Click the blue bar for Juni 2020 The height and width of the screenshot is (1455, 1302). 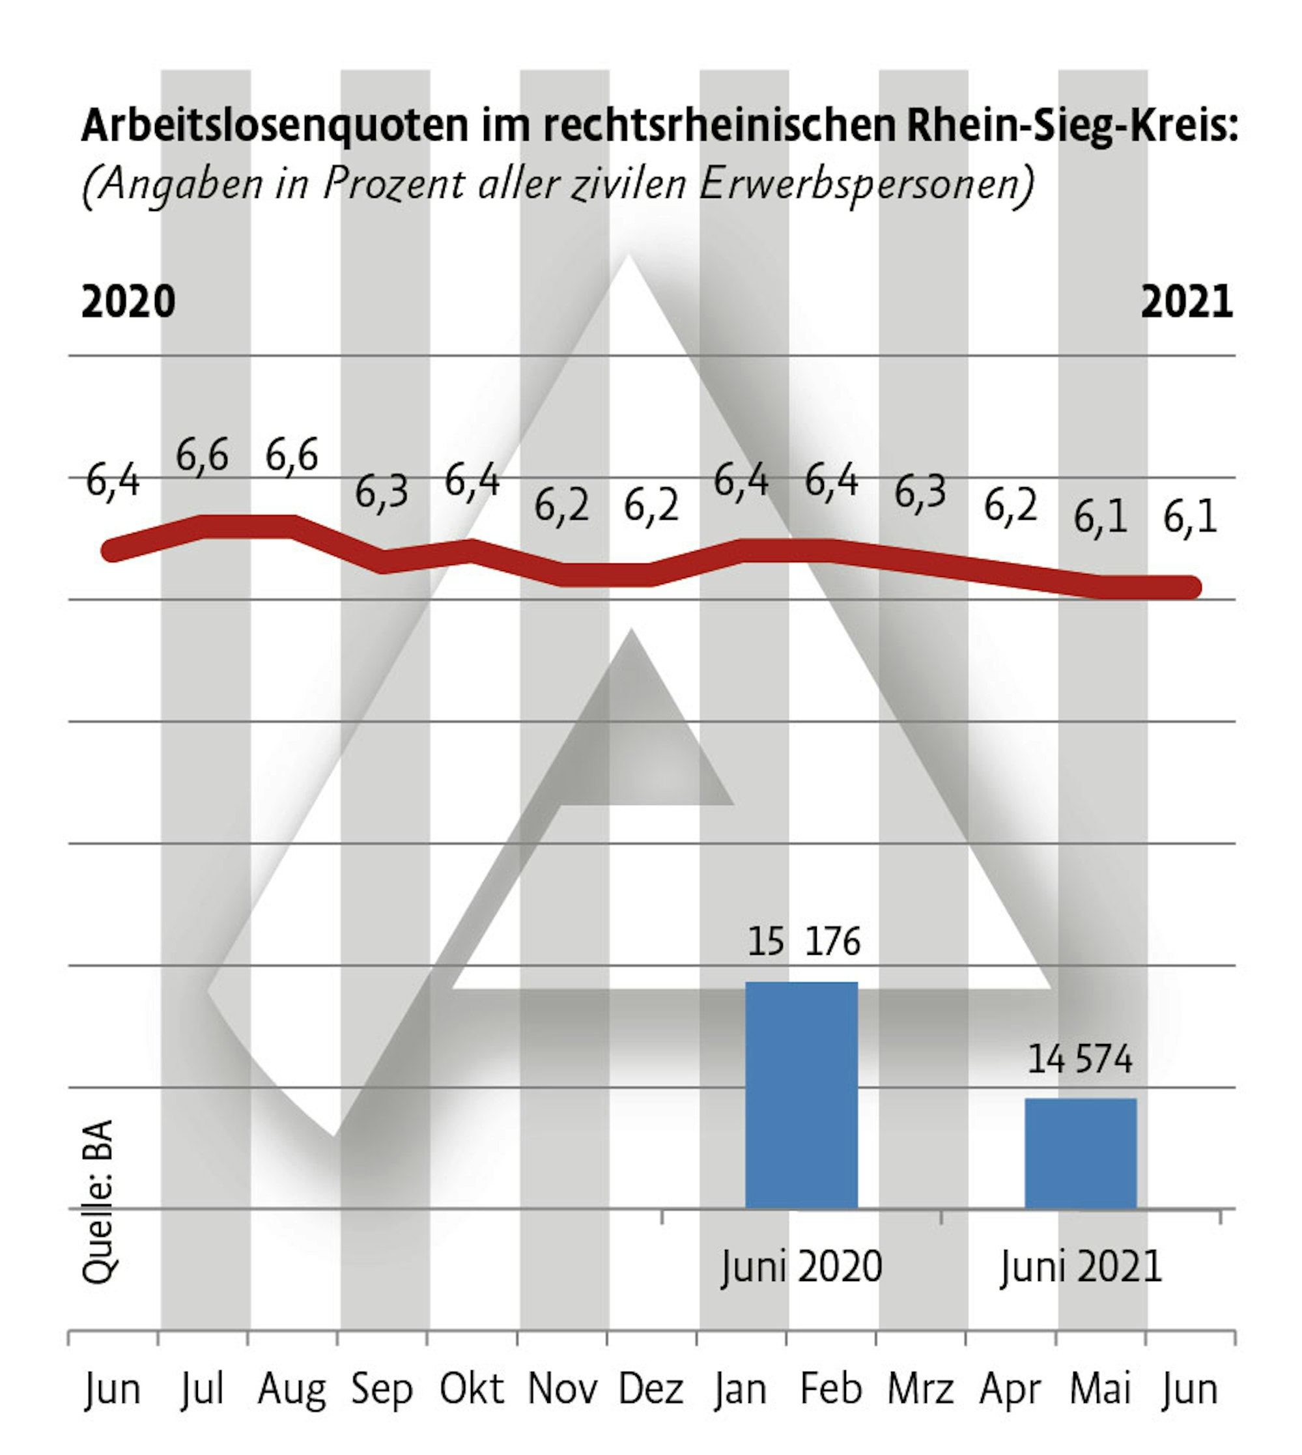[801, 1094]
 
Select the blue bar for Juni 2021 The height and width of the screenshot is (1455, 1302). [1081, 1153]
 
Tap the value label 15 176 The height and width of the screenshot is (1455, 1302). [803, 941]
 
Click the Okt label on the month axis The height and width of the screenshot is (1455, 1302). [472, 1389]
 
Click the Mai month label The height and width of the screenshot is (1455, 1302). [1099, 1389]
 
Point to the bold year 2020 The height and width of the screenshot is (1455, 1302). [129, 302]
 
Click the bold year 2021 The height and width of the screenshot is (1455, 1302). [1186, 302]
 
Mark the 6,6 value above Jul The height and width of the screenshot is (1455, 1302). [202, 455]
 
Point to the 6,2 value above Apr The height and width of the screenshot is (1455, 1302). [1010, 506]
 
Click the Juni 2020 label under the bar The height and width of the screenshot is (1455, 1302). [801, 1267]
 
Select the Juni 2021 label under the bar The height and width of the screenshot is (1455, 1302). [1081, 1267]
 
